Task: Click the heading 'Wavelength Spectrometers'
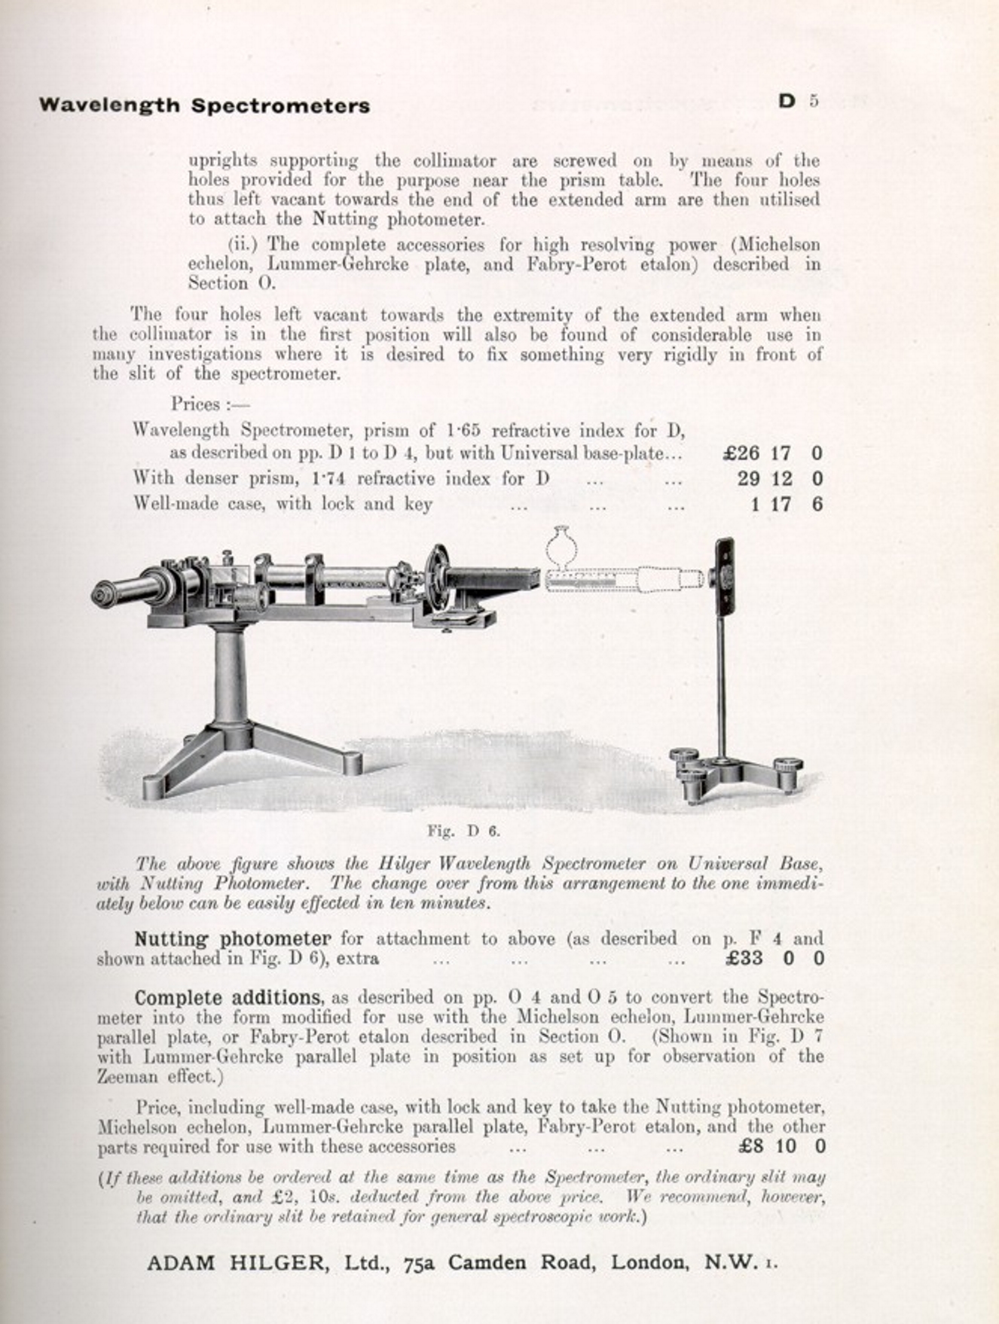204,105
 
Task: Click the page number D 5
798,101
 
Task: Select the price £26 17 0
772,453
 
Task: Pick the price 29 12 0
779,479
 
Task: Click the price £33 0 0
774,959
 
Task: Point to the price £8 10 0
782,1147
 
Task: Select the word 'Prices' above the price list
196,404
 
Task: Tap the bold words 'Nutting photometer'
232,939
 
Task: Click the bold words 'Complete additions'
228,998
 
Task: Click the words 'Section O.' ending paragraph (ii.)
232,284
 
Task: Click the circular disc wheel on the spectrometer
435,579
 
